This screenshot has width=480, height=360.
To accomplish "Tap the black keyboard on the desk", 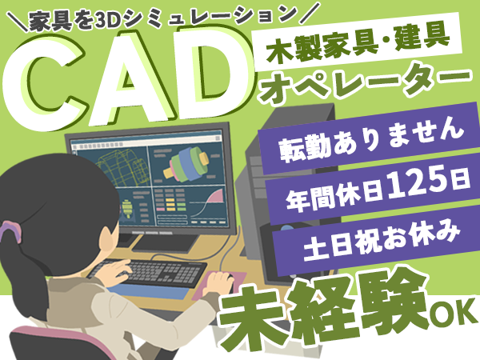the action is pos(147,273).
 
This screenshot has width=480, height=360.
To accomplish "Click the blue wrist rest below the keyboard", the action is pos(147,292).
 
